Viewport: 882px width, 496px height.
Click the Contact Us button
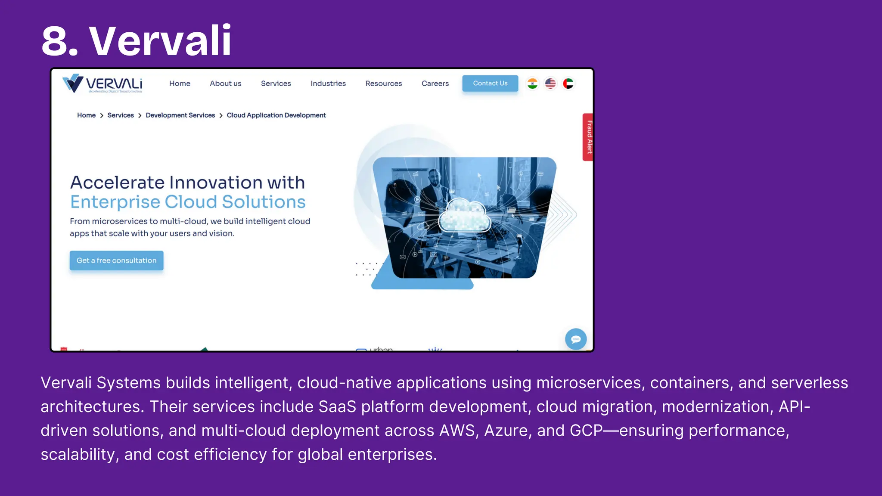[x=490, y=84]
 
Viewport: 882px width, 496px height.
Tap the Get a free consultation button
[x=116, y=260]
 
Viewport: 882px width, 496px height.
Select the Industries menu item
[x=328, y=84]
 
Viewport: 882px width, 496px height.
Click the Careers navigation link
[x=435, y=84]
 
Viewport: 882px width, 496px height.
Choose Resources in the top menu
[x=383, y=84]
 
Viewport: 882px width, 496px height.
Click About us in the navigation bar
[x=225, y=84]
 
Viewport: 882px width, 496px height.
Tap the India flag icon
[x=532, y=84]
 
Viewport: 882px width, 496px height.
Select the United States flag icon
[x=550, y=84]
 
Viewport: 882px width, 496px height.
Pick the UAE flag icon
[x=568, y=84]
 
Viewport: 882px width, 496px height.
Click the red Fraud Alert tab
[x=588, y=137]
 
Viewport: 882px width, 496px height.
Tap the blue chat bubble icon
[x=576, y=339]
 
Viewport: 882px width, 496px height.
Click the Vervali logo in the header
[x=102, y=84]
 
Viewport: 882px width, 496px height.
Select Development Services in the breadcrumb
[x=180, y=115]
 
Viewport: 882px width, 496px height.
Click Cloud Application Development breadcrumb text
[x=276, y=115]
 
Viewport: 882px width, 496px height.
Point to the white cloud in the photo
[x=464, y=215]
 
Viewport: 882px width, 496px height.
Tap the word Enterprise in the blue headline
[x=115, y=202]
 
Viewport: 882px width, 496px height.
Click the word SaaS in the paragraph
[x=337, y=407]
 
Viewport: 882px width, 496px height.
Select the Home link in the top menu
[x=180, y=84]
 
